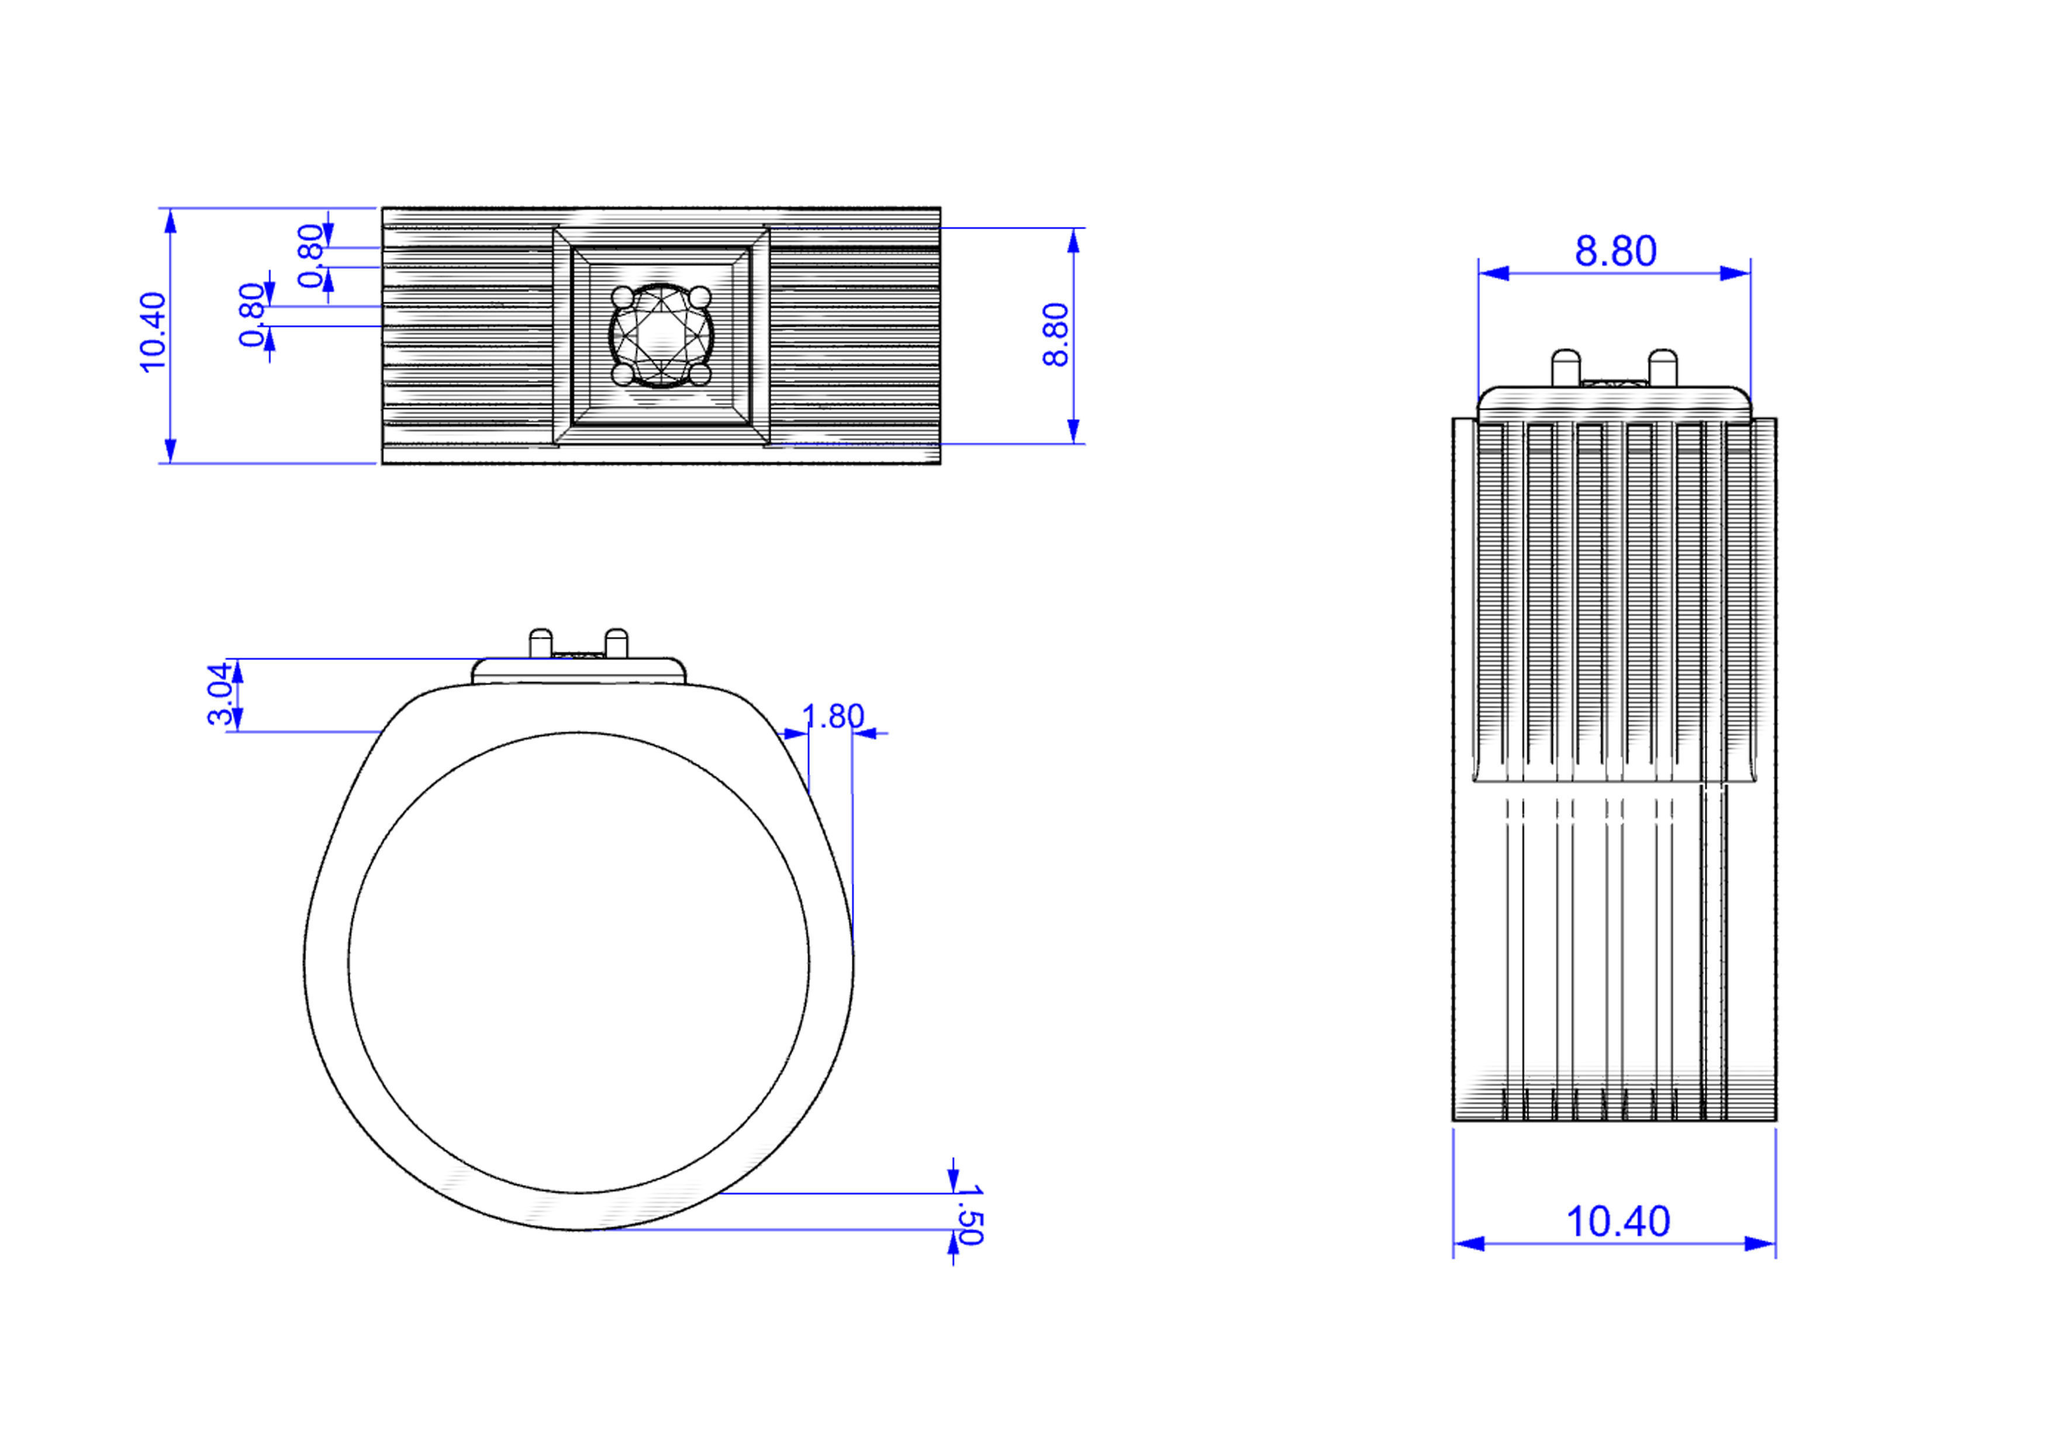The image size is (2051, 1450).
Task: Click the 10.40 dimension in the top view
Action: point(153,332)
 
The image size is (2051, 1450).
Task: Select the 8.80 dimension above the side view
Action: point(1615,251)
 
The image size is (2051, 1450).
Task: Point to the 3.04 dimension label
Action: point(220,694)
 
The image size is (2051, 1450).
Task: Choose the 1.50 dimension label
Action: point(969,1215)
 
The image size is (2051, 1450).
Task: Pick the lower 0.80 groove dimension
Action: point(252,315)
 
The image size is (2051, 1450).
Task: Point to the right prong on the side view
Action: point(1662,366)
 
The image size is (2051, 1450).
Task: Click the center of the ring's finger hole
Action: point(579,963)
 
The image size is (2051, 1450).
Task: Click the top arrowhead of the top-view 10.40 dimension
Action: point(171,220)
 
